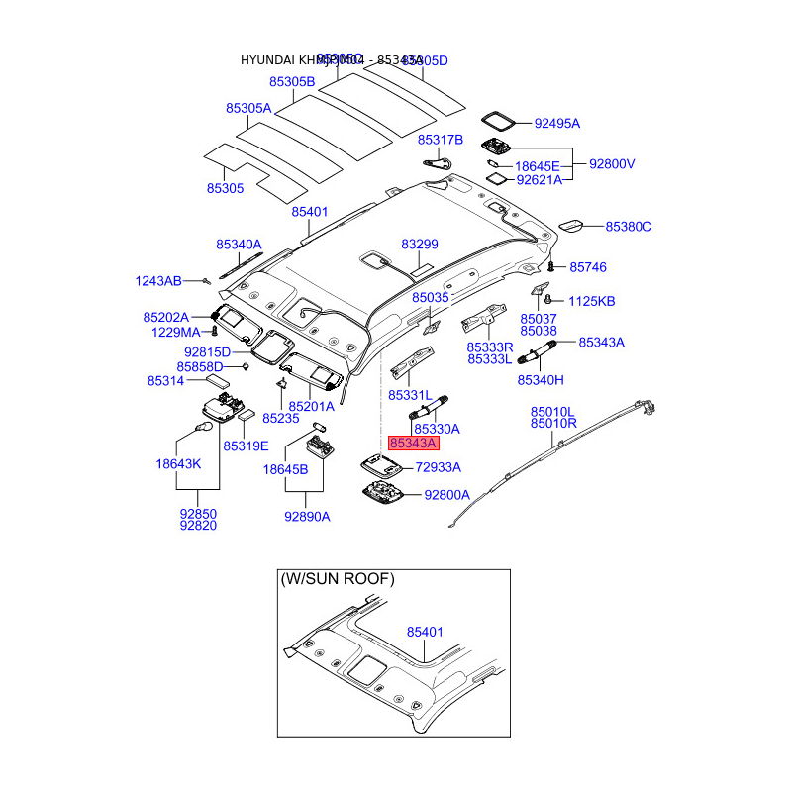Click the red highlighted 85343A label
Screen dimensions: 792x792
pyautogui.click(x=411, y=445)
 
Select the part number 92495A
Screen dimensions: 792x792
pyautogui.click(x=556, y=124)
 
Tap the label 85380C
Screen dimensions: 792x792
pyautogui.click(x=629, y=227)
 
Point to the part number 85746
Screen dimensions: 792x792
pyautogui.click(x=588, y=267)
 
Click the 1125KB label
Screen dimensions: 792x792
pyautogui.click(x=591, y=301)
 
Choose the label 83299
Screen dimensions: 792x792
pyautogui.click(x=420, y=244)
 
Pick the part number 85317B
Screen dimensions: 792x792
pyautogui.click(x=441, y=140)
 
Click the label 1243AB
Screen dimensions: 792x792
pyautogui.click(x=158, y=282)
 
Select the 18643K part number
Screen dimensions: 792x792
pyautogui.click(x=178, y=463)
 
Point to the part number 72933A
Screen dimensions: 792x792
pyautogui.click(x=438, y=466)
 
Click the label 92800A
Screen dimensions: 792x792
pyautogui.click(x=447, y=494)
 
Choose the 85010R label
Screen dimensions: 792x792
pyautogui.click(x=552, y=424)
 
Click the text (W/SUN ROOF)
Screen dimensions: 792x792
pyautogui.click(x=337, y=578)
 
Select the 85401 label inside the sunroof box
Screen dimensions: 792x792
pyautogui.click(x=425, y=631)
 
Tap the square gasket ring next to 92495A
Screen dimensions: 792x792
pyautogui.click(x=499, y=120)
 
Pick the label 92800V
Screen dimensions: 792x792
pyautogui.click(x=612, y=164)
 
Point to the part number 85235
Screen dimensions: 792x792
pyautogui.click(x=281, y=419)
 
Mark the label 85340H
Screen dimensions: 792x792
pyautogui.click(x=541, y=379)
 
